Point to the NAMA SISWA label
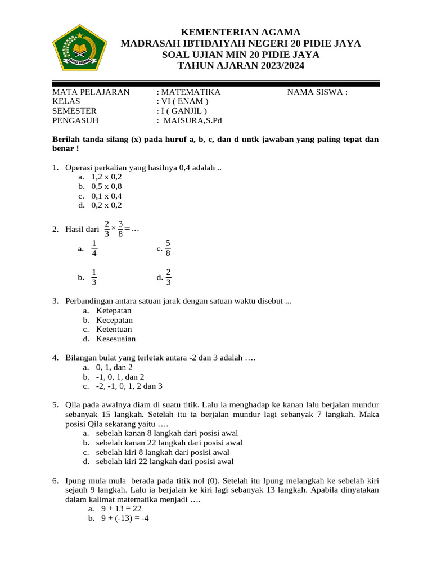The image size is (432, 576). click(x=317, y=92)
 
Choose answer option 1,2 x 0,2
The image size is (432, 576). click(x=106, y=177)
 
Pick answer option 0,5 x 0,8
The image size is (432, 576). click(x=106, y=186)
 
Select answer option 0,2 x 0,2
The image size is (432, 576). click(x=106, y=205)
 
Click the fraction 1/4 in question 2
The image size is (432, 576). click(x=94, y=249)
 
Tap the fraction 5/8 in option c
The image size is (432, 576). click(x=168, y=249)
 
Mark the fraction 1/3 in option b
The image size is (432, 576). click(x=94, y=277)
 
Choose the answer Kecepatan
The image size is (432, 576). click(x=114, y=320)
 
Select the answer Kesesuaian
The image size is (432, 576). click(x=115, y=339)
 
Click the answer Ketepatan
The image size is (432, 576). click(x=114, y=310)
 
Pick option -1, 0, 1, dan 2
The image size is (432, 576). click(x=120, y=377)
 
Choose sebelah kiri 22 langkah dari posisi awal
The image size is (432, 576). click(x=164, y=462)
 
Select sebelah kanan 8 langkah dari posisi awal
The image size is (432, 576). click(x=166, y=433)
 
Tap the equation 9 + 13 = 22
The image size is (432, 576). click(x=121, y=508)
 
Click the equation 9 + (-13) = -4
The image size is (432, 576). click(x=124, y=518)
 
